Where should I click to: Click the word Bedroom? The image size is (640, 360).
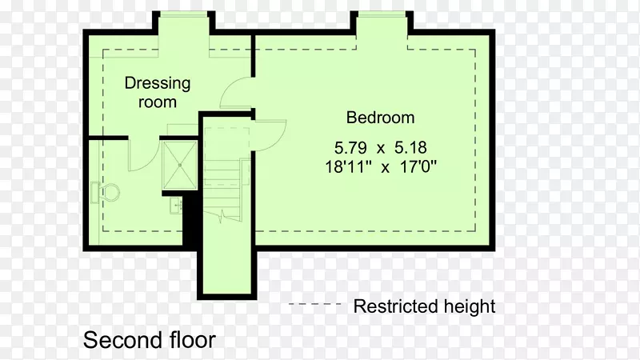(x=381, y=118)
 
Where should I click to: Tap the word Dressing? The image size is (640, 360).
(x=158, y=84)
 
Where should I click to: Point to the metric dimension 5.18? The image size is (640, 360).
(x=410, y=147)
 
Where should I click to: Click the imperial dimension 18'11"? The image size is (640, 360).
(x=348, y=166)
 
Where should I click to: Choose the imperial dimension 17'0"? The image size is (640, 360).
(x=418, y=166)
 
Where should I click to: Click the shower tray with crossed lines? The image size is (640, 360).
(x=179, y=165)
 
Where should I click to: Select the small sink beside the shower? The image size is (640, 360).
(x=176, y=206)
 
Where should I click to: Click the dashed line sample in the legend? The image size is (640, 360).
(x=314, y=304)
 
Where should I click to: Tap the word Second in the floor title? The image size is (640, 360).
(x=115, y=340)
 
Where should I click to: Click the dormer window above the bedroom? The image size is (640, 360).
(x=382, y=14)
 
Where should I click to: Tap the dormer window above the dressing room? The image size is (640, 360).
(x=184, y=14)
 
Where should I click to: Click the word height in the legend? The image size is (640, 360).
(x=470, y=306)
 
